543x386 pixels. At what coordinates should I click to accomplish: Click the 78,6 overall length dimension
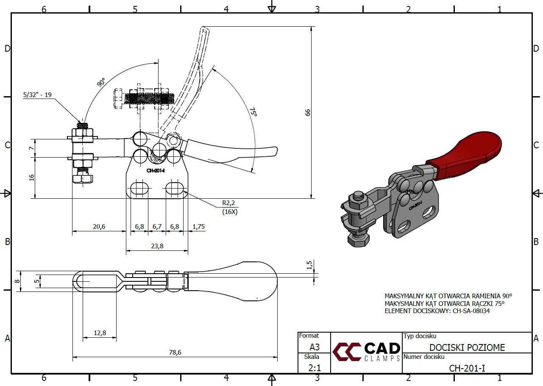pyautogui.click(x=174, y=352)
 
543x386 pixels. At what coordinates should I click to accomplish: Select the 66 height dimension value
pyautogui.click(x=308, y=112)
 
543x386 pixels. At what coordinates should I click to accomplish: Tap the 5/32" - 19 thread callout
pyautogui.click(x=37, y=95)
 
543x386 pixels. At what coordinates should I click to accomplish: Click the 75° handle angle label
pyautogui.click(x=253, y=112)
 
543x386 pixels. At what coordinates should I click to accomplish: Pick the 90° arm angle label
pyautogui.click(x=101, y=82)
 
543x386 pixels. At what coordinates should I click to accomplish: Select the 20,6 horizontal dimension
pyautogui.click(x=99, y=227)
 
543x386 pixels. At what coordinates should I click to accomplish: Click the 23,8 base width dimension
pyautogui.click(x=157, y=246)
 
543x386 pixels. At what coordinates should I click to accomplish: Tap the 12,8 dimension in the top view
pyautogui.click(x=100, y=333)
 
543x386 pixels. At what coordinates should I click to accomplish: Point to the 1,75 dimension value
pyautogui.click(x=198, y=227)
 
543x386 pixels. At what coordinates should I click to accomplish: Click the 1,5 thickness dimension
pyautogui.click(x=310, y=265)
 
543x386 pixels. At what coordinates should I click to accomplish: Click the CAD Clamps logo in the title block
pyautogui.click(x=367, y=352)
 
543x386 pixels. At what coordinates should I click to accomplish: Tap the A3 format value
pyautogui.click(x=314, y=347)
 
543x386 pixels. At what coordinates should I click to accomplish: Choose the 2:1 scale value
pyautogui.click(x=314, y=368)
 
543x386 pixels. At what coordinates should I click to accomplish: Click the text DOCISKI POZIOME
pyautogui.click(x=467, y=347)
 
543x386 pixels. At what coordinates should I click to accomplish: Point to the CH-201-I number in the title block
pyautogui.click(x=467, y=368)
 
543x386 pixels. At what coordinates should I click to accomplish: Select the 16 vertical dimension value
pyautogui.click(x=32, y=178)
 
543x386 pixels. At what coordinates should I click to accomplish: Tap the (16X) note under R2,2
pyautogui.click(x=230, y=211)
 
